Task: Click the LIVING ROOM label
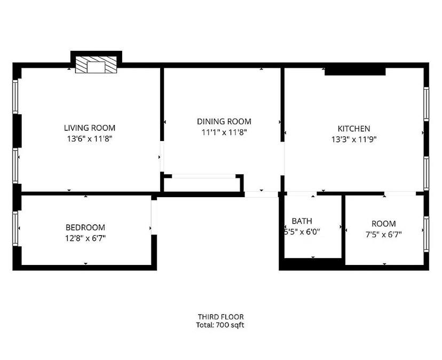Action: coord(90,128)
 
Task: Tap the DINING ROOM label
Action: coord(224,122)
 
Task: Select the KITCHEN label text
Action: coord(353,129)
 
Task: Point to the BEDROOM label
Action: coord(85,228)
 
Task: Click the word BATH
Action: coord(302,221)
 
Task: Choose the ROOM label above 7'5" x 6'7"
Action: coord(384,224)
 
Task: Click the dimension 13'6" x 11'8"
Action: coord(90,138)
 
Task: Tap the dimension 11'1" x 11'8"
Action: coord(224,132)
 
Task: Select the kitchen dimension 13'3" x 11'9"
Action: coord(353,139)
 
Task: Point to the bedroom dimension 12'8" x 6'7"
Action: coord(85,238)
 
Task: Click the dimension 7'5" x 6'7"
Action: coord(384,234)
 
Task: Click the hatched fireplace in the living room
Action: coord(96,66)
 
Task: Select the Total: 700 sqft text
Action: coord(220,325)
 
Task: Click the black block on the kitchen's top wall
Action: coord(355,70)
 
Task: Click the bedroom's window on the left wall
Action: coord(16,229)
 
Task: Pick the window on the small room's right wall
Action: coord(425,234)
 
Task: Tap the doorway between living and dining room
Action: coord(161,157)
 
